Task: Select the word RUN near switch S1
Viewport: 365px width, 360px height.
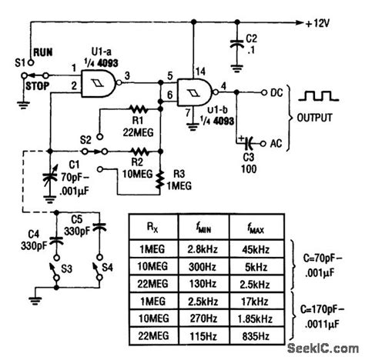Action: pos(45,55)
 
